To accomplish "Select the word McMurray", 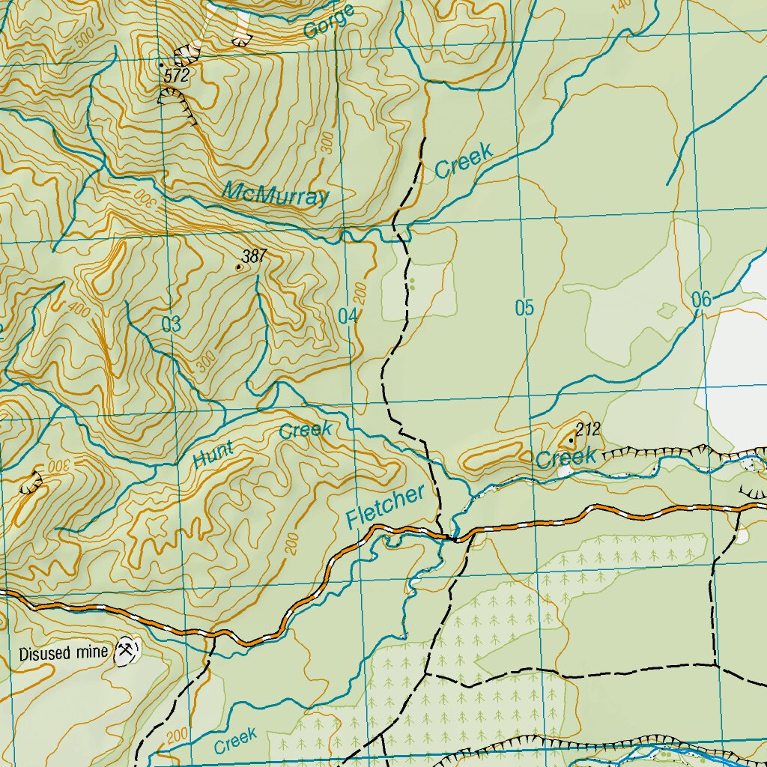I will pos(276,194).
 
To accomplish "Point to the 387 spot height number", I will pos(255,257).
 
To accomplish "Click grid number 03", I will pos(172,324).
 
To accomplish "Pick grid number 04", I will pos(347,316).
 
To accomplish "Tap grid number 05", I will pos(525,308).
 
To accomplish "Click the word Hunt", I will pos(213,455).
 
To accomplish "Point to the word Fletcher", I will pos(386,506).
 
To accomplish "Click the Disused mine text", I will pos(64,652).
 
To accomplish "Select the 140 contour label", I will pos(621,6).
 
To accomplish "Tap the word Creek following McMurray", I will pos(464,160).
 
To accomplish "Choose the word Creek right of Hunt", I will pos(306,431).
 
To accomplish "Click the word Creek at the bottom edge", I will pos(235,741).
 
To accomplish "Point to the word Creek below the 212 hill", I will pos(566,457).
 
